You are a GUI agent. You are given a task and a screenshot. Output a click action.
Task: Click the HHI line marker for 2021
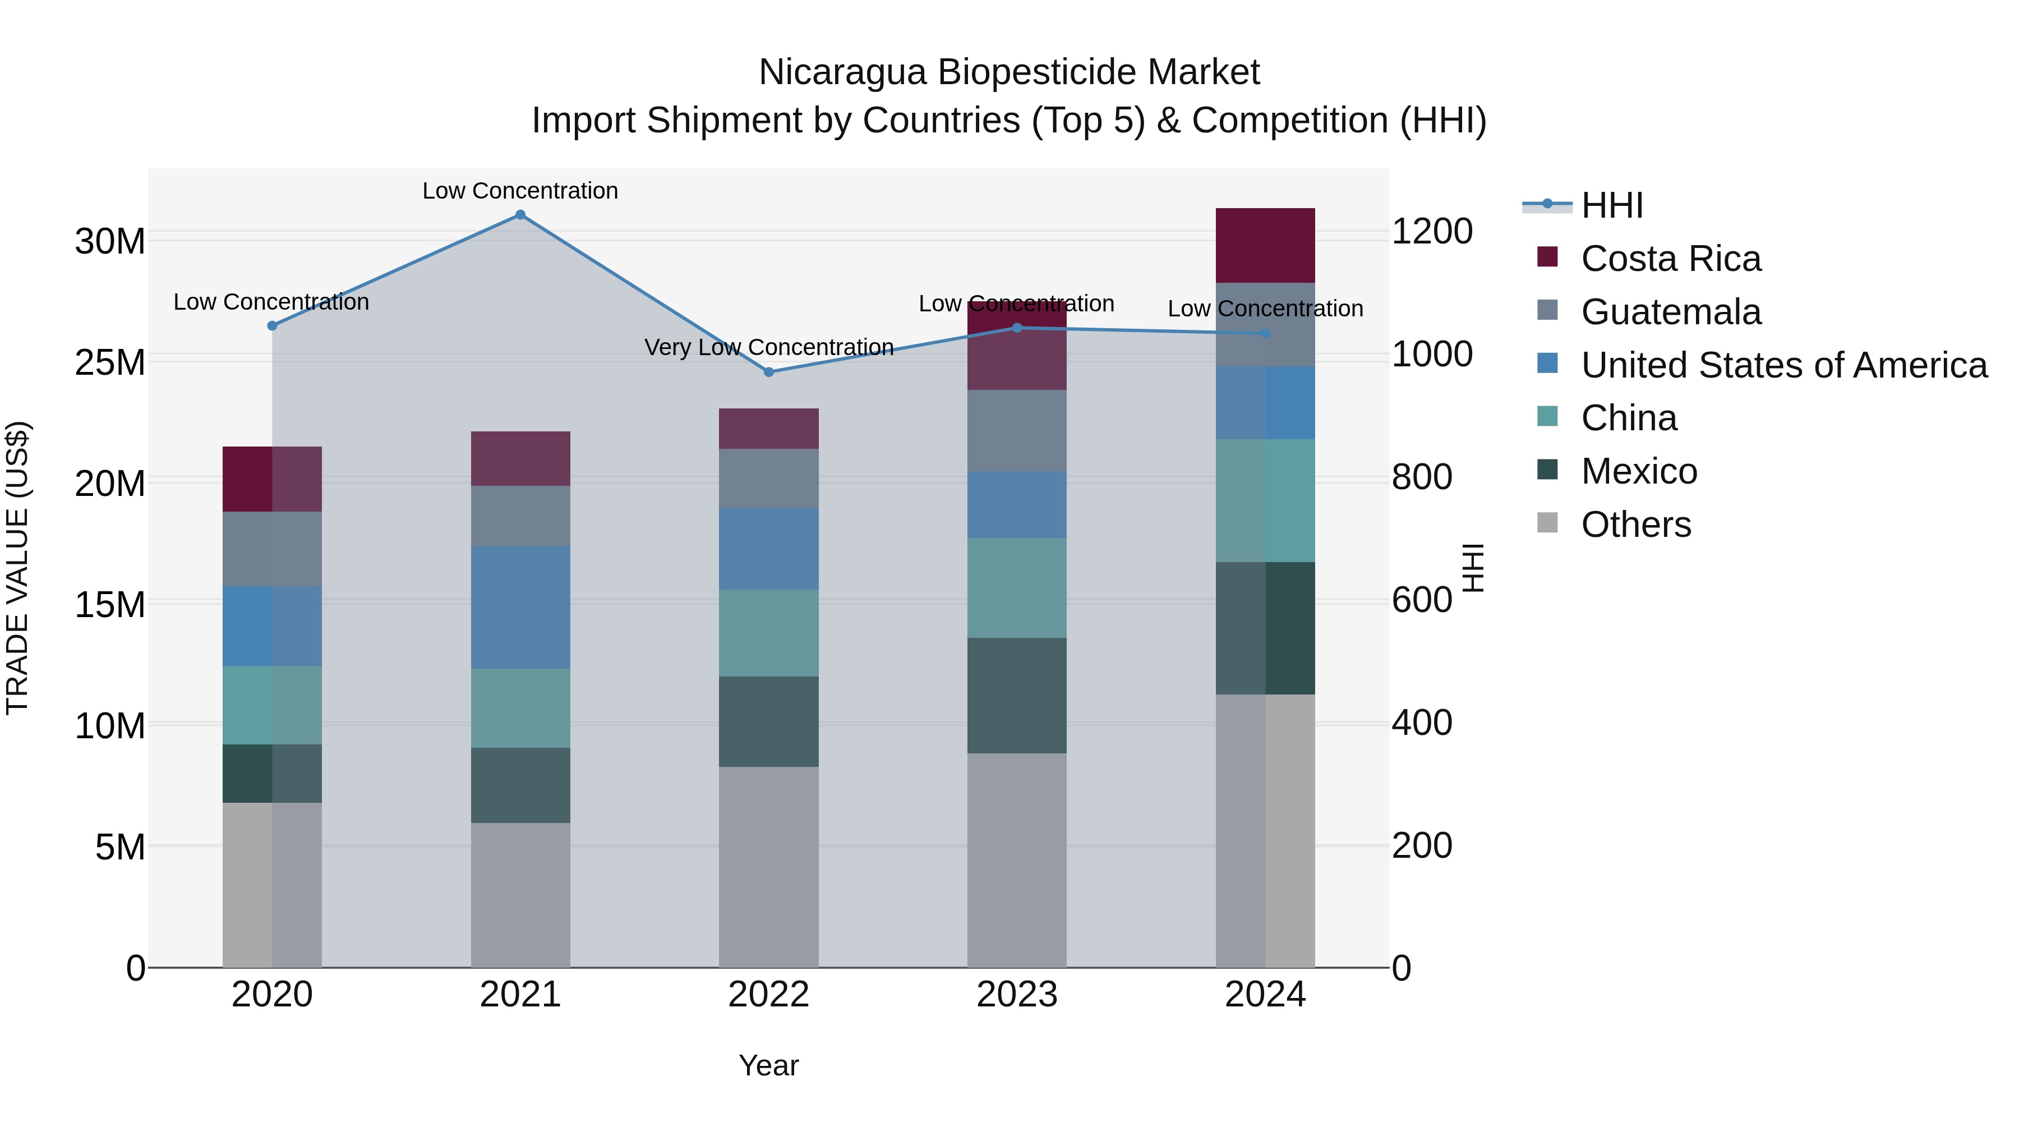(520, 215)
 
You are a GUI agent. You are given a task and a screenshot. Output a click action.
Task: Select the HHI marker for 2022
(769, 371)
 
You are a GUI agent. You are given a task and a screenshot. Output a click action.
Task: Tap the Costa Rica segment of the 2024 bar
(1265, 245)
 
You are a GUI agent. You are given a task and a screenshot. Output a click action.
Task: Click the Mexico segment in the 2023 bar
(1017, 696)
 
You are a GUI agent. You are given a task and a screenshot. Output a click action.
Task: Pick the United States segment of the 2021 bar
(520, 607)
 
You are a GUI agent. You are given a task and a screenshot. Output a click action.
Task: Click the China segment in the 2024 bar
(1265, 500)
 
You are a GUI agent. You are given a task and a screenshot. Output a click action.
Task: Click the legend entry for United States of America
(1783, 365)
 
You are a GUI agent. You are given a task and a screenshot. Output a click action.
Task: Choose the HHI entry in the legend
(1611, 205)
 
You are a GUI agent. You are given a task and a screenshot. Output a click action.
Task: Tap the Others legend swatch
(1547, 522)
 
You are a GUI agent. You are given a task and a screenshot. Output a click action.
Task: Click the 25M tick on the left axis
(110, 362)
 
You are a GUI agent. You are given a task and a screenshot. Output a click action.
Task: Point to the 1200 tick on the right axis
(1432, 232)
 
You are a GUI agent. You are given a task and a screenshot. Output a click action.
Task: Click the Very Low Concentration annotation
(769, 347)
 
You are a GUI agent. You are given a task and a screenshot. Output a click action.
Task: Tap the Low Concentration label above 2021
(520, 191)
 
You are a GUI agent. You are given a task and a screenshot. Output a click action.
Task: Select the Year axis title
(768, 1065)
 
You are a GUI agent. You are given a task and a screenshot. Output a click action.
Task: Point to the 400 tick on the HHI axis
(1422, 723)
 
